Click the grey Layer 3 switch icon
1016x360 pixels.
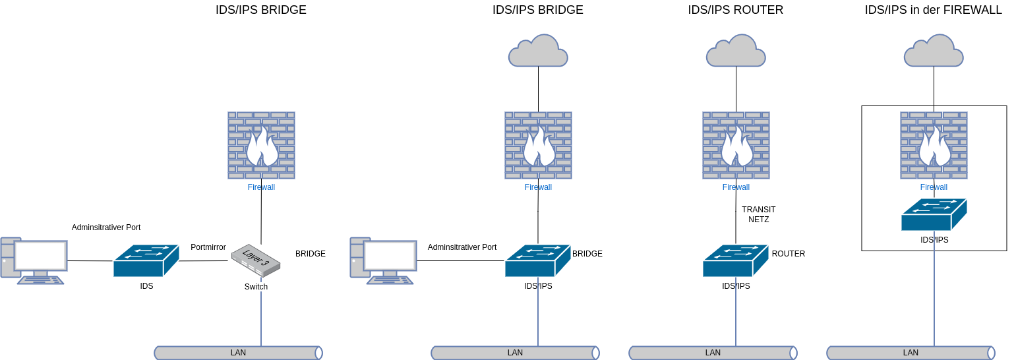[256, 260]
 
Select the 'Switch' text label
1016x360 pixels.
[256, 287]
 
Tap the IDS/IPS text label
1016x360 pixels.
[934, 240]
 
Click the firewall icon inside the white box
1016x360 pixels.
[934, 145]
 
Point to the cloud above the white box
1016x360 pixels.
[934, 51]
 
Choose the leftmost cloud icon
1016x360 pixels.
[538, 51]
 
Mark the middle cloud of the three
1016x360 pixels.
[736, 51]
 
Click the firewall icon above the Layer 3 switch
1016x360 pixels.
[261, 145]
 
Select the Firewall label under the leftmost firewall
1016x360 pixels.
[261, 187]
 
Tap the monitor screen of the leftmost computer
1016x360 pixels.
[41, 256]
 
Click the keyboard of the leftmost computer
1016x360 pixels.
[41, 280]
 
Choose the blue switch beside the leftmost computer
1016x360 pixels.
[146, 260]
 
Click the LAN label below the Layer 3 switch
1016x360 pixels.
[238, 353]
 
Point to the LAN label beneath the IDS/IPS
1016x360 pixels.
[911, 353]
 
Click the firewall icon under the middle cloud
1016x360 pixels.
[736, 145]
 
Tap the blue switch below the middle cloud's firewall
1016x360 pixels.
[735, 260]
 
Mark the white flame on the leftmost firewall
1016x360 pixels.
[261, 148]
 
